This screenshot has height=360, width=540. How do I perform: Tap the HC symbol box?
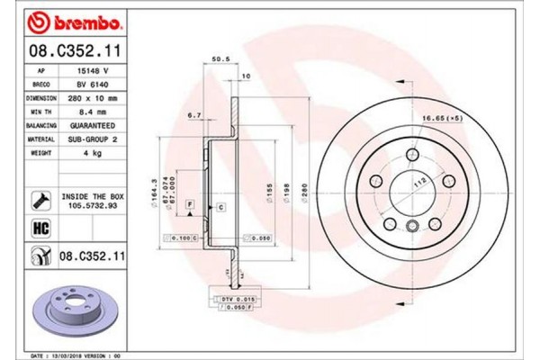tap(41, 228)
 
